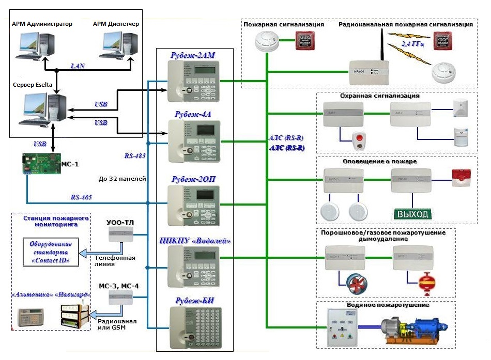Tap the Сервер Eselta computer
(x=44, y=108)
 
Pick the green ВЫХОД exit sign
(x=412, y=214)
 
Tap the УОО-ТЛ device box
(x=120, y=235)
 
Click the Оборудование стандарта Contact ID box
(x=51, y=252)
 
